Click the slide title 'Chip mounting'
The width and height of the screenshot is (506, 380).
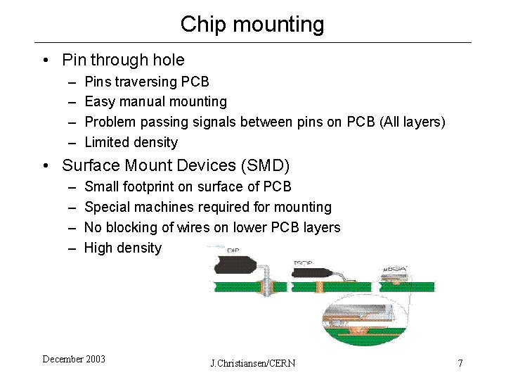[252, 24]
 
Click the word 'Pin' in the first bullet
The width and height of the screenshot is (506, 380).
[74, 60]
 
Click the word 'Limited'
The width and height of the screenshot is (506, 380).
[108, 142]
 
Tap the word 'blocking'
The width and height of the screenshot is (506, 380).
[133, 227]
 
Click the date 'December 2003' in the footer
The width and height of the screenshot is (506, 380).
[74, 359]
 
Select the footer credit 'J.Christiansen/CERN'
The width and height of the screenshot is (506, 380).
[253, 363]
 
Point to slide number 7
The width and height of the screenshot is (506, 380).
[460, 363]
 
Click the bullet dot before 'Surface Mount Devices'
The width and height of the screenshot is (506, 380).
[45, 166]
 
